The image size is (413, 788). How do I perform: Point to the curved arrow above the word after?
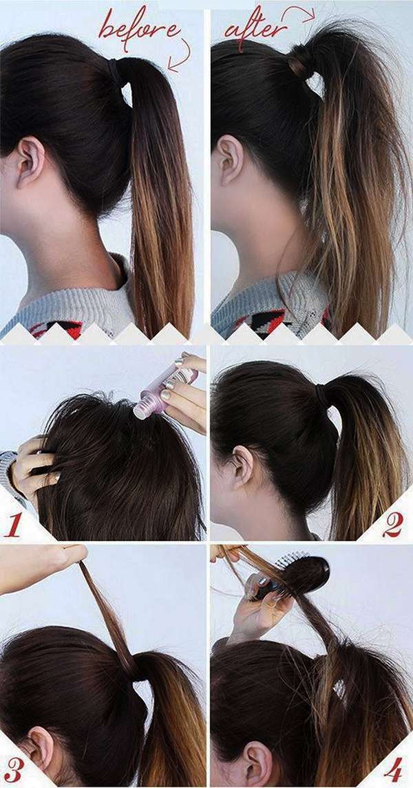coord(299,13)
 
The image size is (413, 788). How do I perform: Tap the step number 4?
coord(393,768)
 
